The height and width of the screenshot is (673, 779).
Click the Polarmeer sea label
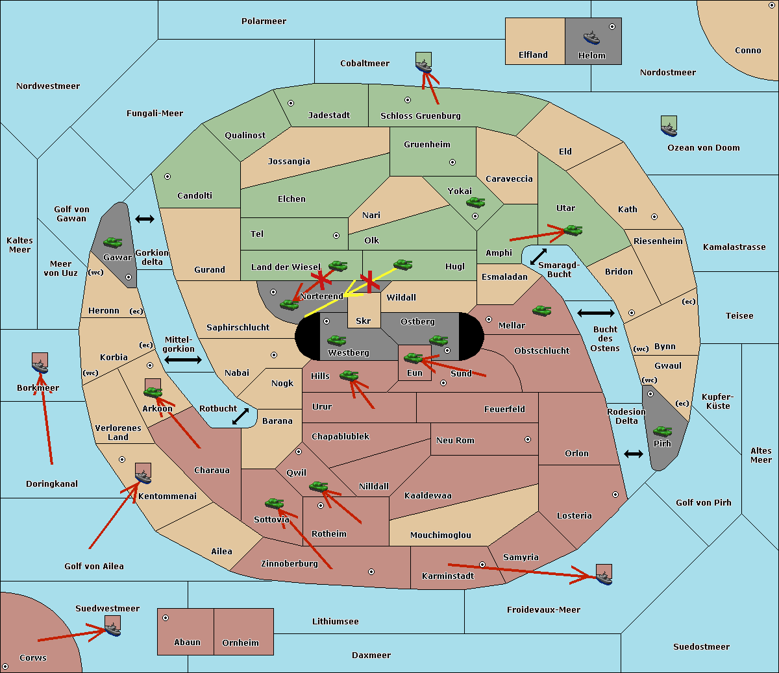point(264,21)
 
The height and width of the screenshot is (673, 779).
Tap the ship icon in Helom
point(591,37)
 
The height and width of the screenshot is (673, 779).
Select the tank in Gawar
point(113,242)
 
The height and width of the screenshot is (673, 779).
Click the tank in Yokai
point(476,202)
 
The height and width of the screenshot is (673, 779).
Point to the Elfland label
point(533,55)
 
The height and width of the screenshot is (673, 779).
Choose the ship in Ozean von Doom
point(669,126)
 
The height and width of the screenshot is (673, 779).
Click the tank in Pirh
point(663,432)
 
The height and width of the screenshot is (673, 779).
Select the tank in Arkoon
point(153,391)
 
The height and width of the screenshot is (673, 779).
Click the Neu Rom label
point(455,441)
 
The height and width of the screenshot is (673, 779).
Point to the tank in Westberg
point(336,340)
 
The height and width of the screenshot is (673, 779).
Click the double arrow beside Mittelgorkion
point(182,360)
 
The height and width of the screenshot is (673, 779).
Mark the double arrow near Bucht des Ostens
point(595,313)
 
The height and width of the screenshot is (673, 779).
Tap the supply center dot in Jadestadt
point(291,103)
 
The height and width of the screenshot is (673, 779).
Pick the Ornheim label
point(240,643)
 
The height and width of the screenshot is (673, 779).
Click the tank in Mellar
point(541,311)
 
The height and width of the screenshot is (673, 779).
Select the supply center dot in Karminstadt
point(482,565)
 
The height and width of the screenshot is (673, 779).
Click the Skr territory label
point(364,321)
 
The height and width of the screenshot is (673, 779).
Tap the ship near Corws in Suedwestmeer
point(113,626)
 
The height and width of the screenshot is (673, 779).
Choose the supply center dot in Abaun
point(166,618)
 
